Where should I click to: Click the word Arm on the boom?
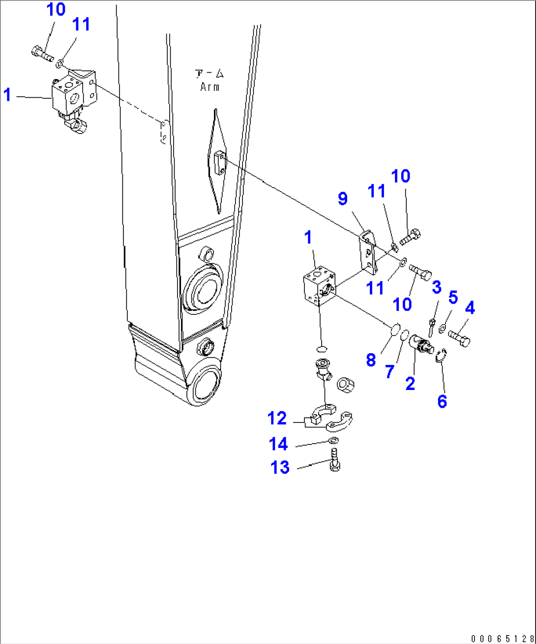(209, 87)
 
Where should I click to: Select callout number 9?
(343, 198)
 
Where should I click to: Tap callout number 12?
(277, 418)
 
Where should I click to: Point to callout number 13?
(280, 467)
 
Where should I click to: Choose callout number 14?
(278, 444)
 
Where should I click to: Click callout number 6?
(442, 401)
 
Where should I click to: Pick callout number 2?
(410, 383)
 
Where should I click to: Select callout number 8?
(371, 360)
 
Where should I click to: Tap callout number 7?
(389, 371)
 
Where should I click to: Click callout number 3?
(436, 287)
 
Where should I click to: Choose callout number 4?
(470, 308)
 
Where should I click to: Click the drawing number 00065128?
(502, 639)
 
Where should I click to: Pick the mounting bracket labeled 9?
(368, 253)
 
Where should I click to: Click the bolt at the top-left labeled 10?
(42, 53)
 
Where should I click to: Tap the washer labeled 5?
(443, 329)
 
